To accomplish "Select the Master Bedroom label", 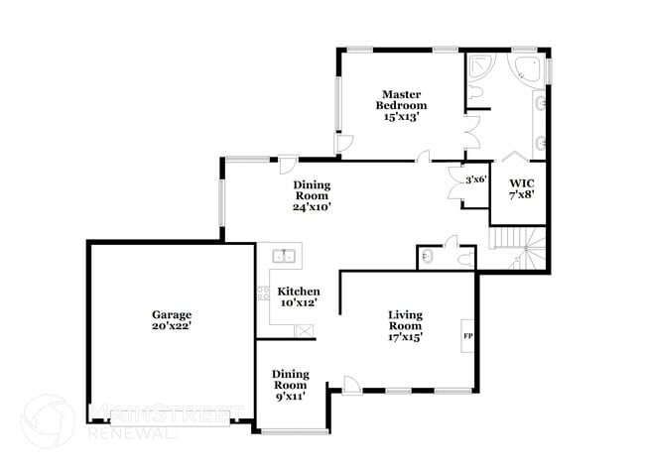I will point(401,99).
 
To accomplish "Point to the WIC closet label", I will point(521,183).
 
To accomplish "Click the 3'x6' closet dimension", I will point(476,179).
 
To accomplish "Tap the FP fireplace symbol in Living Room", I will point(467,336).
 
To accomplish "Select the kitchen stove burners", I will point(264,293).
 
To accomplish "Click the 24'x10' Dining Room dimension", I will point(312,207).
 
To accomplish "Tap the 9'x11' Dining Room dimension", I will point(290,396).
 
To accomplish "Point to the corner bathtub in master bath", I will point(526,67).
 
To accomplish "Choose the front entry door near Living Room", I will point(350,384).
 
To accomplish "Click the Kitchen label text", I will point(299,292).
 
